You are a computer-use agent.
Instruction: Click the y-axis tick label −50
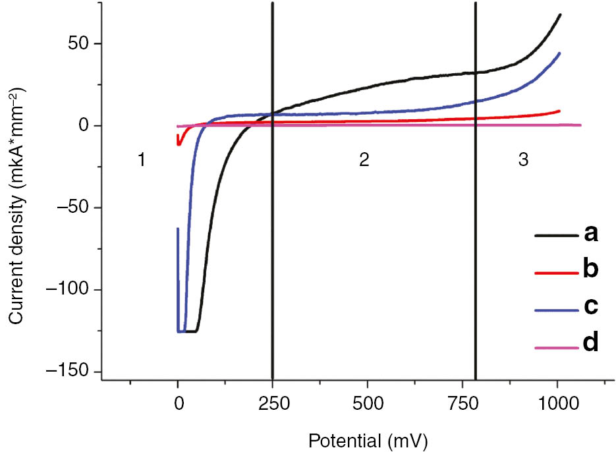[75, 208]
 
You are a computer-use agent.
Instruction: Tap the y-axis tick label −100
[71, 290]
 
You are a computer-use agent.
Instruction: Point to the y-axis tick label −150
[71, 372]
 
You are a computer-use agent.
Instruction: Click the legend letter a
[590, 233]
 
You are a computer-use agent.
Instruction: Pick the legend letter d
[590, 343]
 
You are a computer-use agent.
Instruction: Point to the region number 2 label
[363, 162]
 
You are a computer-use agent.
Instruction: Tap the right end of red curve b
[560, 111]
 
